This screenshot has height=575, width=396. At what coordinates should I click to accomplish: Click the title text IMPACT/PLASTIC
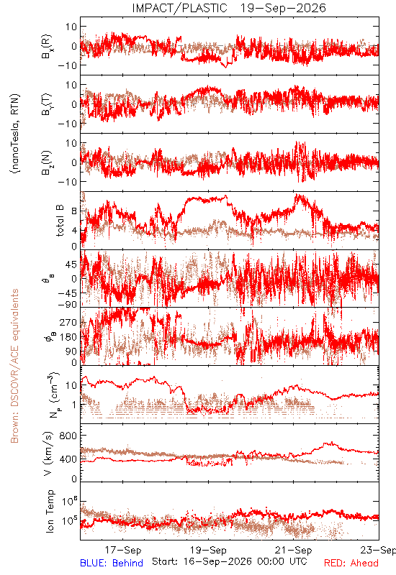pos(179,8)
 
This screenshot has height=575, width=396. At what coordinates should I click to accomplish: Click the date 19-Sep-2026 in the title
pos(283,8)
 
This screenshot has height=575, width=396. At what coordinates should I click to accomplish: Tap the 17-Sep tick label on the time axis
pos(123,550)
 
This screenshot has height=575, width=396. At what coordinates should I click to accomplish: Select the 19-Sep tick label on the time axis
pos(208,550)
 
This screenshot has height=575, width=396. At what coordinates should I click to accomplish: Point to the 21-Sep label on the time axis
pos(294,550)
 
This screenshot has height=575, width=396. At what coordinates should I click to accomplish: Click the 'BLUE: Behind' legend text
pos(112,563)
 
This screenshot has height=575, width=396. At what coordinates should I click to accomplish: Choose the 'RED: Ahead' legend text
pos(351,563)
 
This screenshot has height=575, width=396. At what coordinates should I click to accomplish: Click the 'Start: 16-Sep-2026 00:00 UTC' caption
pos(230,561)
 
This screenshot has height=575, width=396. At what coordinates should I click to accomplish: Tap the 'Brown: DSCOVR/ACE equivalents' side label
pos(14,366)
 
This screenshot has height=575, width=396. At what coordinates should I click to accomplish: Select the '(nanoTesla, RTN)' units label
pos(15,134)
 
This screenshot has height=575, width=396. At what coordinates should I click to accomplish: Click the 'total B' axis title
pos(60,221)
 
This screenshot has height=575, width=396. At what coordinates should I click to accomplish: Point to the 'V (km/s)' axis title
pos(48,454)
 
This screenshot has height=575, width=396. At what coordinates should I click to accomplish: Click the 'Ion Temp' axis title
pos(50,511)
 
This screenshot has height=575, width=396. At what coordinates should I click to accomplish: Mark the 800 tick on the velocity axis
pos(68,436)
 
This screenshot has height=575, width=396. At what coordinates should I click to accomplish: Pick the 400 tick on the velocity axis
pos(68,459)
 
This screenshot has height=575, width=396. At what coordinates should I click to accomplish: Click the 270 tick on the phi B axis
pos(68,322)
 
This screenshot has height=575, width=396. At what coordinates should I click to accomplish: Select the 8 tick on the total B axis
pos(74,211)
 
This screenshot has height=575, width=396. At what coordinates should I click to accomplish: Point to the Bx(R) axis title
pos(47,47)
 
